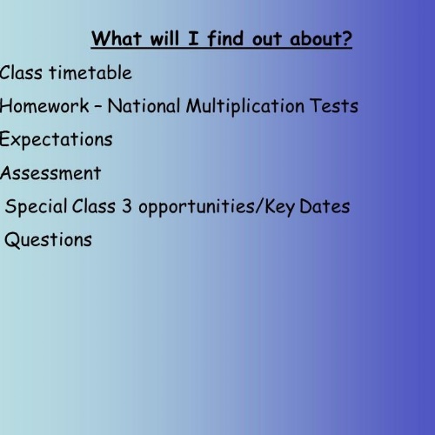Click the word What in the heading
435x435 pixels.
click(117, 38)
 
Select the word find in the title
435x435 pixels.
click(225, 38)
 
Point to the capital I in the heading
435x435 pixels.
click(193, 38)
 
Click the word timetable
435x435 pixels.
click(90, 72)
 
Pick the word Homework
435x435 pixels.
click(44, 105)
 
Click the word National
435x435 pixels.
click(144, 105)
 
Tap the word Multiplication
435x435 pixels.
click(245, 107)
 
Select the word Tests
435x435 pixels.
click(334, 105)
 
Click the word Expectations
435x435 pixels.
click(56, 140)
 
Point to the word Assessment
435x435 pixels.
click(50, 173)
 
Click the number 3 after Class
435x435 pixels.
click(127, 206)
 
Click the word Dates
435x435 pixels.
click(325, 206)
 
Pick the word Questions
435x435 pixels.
click(48, 240)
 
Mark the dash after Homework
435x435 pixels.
click(98, 106)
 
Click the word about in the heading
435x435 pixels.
click(315, 38)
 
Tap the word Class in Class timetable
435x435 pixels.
click(21, 72)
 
